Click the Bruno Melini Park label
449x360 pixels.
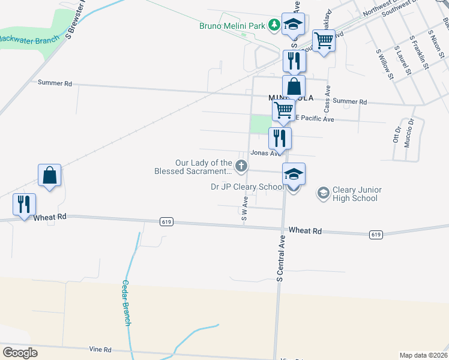(232, 25)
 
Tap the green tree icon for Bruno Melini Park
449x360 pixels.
(274, 25)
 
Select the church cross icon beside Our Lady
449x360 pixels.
(241, 166)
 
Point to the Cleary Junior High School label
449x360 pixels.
(357, 194)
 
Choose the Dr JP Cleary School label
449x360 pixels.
(247, 187)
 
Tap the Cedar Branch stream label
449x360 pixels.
(127, 303)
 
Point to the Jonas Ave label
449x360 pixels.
(265, 153)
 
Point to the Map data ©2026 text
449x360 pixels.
(423, 355)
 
